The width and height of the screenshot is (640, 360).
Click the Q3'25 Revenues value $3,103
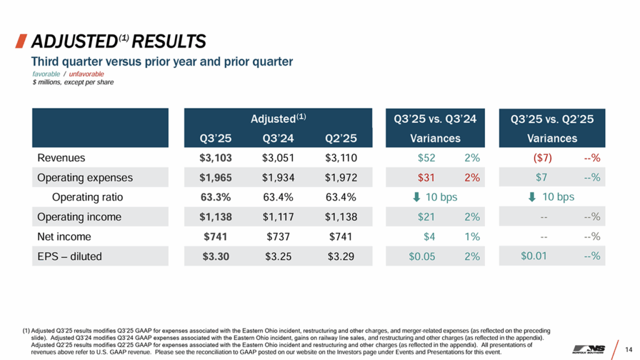[x=212, y=158]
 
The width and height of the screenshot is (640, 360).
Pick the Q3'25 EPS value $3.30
[x=212, y=256]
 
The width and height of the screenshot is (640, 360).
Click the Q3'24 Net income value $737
[x=276, y=237]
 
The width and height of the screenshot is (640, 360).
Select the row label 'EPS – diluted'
[x=69, y=256]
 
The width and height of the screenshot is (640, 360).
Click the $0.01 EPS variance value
[x=534, y=256]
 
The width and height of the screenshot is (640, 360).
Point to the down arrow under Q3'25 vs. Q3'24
[x=417, y=197]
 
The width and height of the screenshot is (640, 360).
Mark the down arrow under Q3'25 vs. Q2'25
[x=532, y=197]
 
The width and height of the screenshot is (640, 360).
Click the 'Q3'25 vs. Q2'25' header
[x=552, y=119]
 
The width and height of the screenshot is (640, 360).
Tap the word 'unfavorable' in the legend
[x=87, y=74]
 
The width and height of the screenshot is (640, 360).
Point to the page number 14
[x=628, y=348]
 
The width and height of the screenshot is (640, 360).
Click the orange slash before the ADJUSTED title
[x=21, y=42]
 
